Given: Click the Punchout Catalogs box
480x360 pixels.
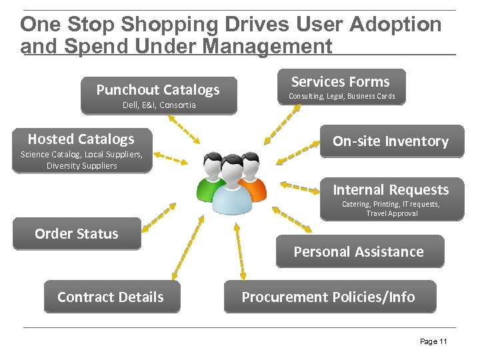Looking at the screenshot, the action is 158,90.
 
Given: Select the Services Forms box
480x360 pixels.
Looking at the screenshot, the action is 340,82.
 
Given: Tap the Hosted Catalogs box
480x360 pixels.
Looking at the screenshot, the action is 81,139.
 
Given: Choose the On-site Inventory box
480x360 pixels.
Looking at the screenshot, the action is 391,141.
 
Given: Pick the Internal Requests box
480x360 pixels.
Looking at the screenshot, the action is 391,191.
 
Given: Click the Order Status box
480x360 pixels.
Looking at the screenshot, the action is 77,234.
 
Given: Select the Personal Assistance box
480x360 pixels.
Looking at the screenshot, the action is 359,252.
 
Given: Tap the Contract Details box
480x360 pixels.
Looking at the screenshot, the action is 111,297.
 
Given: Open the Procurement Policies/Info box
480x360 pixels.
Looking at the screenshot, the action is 328,297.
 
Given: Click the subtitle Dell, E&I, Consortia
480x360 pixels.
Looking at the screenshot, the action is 159,105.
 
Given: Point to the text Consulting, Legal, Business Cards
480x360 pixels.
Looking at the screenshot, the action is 341,97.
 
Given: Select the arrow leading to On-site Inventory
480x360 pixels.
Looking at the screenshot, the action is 298,153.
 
